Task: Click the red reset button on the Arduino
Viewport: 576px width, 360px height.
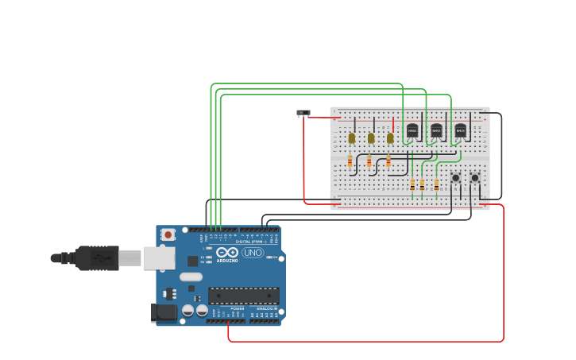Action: pos(168,234)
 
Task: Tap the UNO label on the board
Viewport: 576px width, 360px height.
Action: pos(253,253)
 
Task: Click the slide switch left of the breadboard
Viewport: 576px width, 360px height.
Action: pos(303,113)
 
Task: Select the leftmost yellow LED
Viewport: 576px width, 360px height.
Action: pos(352,137)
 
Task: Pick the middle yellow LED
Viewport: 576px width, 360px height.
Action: pos(371,137)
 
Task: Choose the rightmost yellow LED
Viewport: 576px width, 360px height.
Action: pos(390,137)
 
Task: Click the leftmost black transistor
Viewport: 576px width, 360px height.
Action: pos(412,130)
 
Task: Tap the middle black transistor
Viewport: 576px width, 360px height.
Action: pos(436,130)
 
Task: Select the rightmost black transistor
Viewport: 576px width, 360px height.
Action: pos(460,130)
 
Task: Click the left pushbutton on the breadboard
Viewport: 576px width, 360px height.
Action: pos(455,178)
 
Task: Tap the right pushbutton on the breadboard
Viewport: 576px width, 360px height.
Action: pos(474,178)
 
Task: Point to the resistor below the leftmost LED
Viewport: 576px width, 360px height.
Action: pos(350,161)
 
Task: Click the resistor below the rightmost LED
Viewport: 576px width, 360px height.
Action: pos(389,161)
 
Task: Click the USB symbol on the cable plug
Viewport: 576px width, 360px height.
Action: pos(99,258)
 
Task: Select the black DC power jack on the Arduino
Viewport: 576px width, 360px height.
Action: pos(165,312)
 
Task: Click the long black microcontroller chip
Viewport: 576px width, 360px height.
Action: pos(243,296)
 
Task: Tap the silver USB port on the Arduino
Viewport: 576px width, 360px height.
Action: pos(159,257)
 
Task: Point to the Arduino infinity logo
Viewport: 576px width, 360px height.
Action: pos(227,252)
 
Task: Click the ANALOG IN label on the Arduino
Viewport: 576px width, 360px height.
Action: pos(266,308)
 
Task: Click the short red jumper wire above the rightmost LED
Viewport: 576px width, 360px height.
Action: pos(392,126)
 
